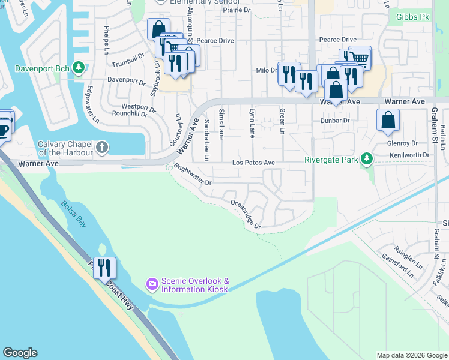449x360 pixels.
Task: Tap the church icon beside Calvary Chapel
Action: (103, 146)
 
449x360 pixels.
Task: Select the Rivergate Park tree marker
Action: (365, 159)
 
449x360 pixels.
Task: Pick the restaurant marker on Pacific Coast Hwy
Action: (104, 268)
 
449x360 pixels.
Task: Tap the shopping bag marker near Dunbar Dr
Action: (388, 119)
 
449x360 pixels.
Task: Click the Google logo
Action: (20, 353)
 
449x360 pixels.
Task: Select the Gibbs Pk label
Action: (412, 17)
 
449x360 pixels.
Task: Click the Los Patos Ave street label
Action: (253, 163)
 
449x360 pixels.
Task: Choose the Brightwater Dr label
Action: (193, 175)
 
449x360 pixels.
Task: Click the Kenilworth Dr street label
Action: (411, 155)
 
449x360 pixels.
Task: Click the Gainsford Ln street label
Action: (397, 264)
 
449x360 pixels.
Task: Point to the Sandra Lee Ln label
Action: (206, 140)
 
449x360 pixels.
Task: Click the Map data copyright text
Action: (411, 355)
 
